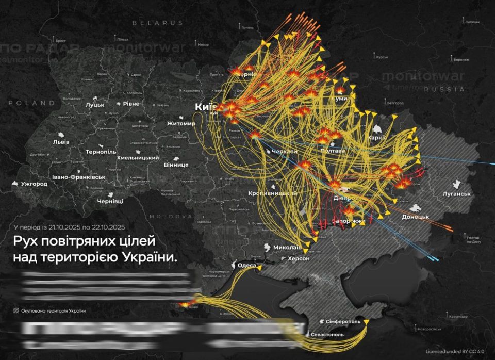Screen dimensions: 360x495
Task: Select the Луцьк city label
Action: pos(95,105)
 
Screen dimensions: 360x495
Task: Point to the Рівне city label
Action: pos(130,104)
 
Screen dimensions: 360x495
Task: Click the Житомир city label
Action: pos(181,124)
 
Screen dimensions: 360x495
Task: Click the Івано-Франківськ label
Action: pos(78,177)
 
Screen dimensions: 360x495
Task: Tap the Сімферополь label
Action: pos(343,321)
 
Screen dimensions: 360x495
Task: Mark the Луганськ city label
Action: pos(457,194)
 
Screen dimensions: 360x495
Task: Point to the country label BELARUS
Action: pos(157,23)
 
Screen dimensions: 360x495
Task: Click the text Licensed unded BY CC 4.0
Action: pos(455,351)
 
